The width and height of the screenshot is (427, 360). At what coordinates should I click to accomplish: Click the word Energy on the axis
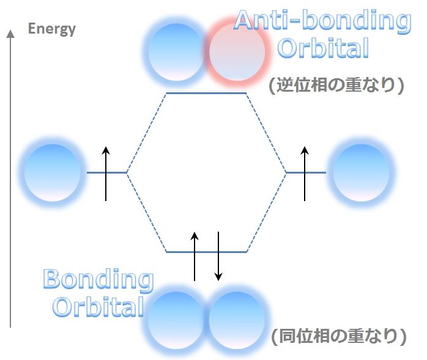[52, 29]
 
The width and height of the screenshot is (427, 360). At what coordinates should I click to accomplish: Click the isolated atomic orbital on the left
[52, 173]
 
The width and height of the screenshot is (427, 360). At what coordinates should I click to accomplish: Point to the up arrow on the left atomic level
[106, 174]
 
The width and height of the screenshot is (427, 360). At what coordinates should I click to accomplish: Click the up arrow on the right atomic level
[305, 174]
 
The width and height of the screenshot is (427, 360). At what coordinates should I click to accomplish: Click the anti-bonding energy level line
[206, 94]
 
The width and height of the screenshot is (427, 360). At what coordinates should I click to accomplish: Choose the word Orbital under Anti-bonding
[323, 48]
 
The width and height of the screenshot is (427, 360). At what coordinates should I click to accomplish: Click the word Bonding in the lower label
[98, 281]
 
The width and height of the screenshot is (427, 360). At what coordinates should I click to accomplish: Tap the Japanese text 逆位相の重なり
[336, 85]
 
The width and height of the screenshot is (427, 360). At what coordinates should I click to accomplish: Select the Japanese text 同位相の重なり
[338, 336]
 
